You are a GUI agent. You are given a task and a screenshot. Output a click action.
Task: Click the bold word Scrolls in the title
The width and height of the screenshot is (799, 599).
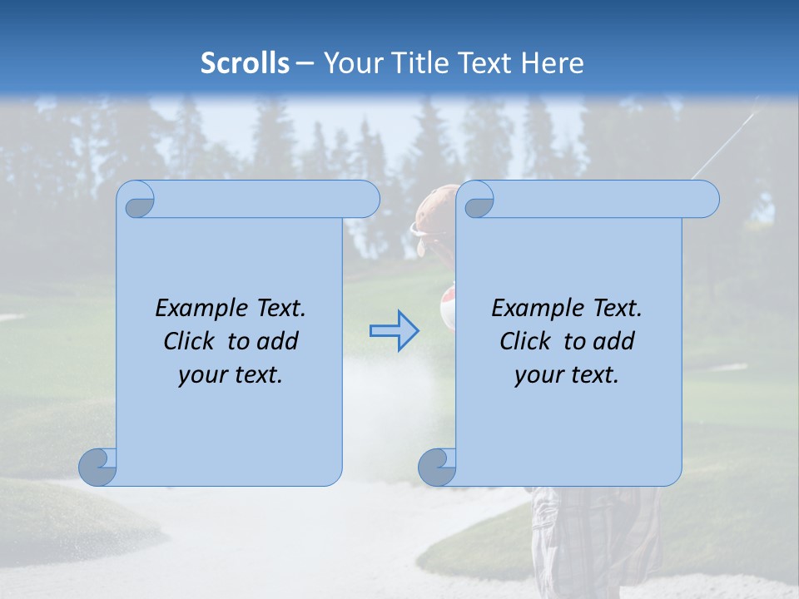coord(245,63)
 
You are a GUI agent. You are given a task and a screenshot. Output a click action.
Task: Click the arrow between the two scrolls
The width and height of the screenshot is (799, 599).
coord(394,331)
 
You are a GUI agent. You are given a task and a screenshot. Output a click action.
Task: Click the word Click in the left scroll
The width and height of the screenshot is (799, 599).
coord(190,341)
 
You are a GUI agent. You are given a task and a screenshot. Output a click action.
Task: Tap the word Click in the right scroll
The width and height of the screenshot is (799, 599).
coord(525,341)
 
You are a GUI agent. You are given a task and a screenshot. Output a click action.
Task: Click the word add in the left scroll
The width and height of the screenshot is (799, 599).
coord(279,341)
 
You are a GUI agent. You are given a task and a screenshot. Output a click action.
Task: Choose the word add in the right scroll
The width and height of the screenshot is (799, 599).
coord(615,341)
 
